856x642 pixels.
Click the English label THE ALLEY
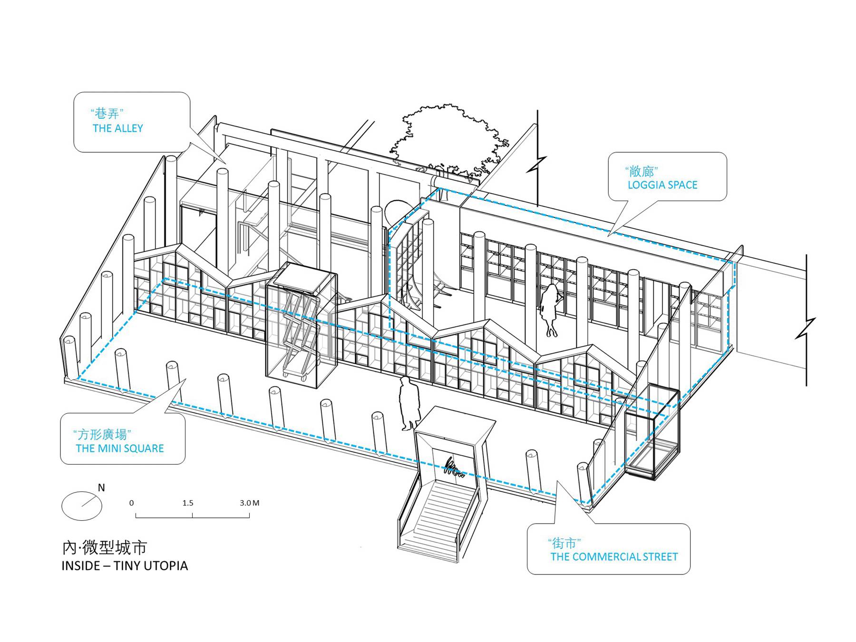[x=118, y=128]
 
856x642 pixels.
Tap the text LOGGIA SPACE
[x=662, y=185]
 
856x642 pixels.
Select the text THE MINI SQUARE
[x=119, y=448]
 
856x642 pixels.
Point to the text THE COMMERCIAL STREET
[x=614, y=556]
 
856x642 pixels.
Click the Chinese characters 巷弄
[x=107, y=114]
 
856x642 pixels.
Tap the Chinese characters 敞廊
[x=642, y=171]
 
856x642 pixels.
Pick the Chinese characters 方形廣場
[x=102, y=434]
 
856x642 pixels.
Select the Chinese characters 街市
[x=564, y=543]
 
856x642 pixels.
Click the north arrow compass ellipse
[x=82, y=506]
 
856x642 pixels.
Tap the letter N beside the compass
[x=101, y=487]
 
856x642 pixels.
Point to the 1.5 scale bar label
[x=188, y=503]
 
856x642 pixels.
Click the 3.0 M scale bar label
[x=249, y=503]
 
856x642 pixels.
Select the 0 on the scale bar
[x=132, y=503]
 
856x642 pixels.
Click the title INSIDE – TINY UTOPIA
[x=125, y=565]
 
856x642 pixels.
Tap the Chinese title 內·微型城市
[x=105, y=547]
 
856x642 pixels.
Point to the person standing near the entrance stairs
[x=409, y=403]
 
